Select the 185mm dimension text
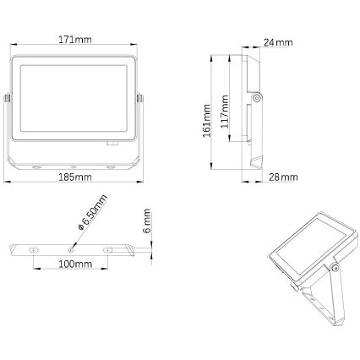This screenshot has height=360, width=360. [76, 178]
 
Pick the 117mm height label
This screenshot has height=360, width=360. [224, 110]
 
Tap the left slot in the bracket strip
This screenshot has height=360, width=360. [35, 249]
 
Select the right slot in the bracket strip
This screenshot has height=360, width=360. [108, 249]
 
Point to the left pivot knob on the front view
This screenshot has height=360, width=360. [8, 99]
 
